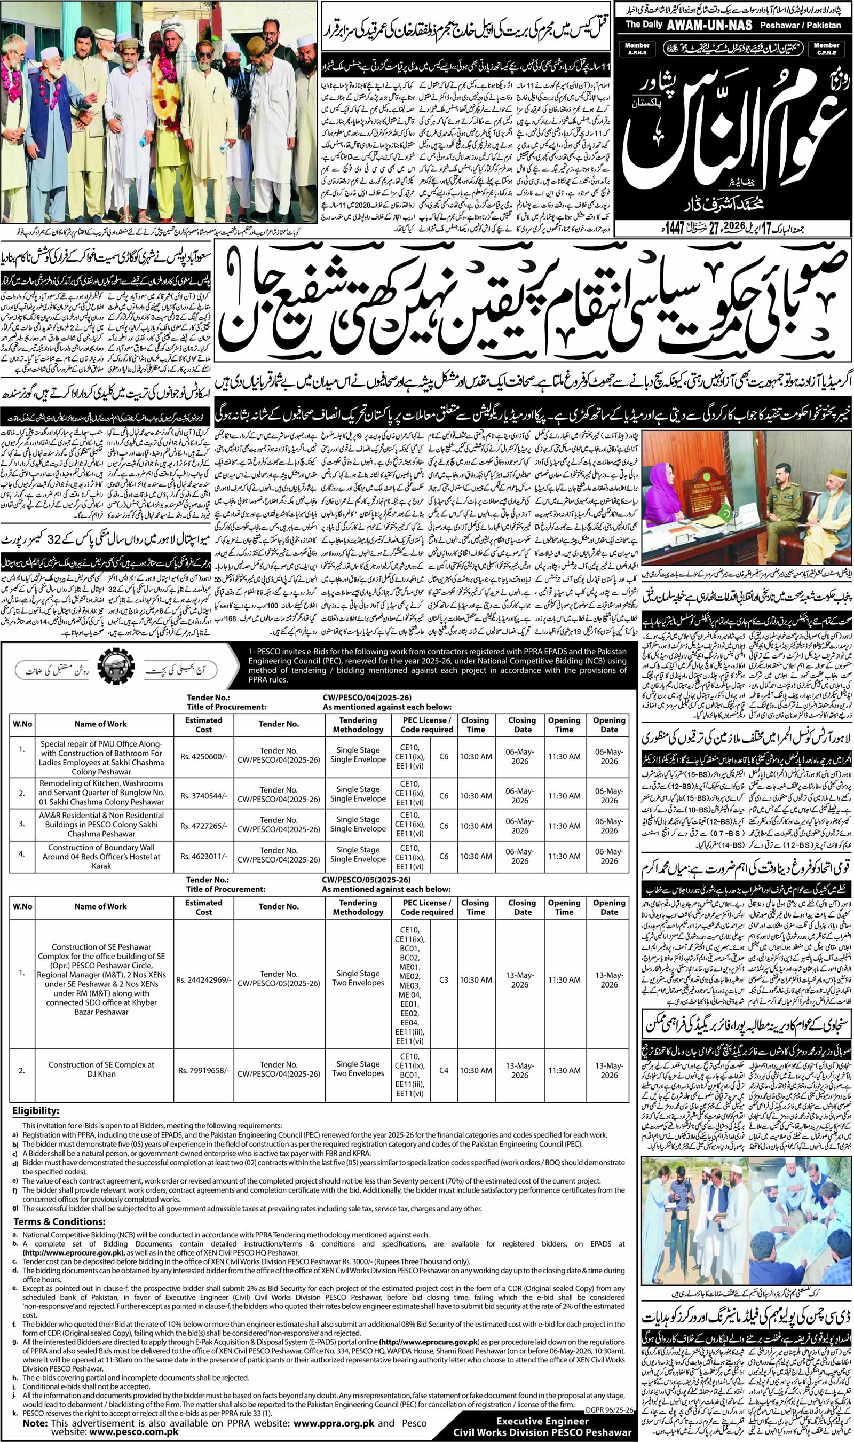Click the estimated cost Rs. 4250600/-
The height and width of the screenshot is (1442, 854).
point(204,756)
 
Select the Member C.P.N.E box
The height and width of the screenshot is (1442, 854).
point(826,49)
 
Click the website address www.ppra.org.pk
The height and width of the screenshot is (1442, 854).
point(334,1419)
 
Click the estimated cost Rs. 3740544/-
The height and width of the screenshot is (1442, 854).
point(204,796)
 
